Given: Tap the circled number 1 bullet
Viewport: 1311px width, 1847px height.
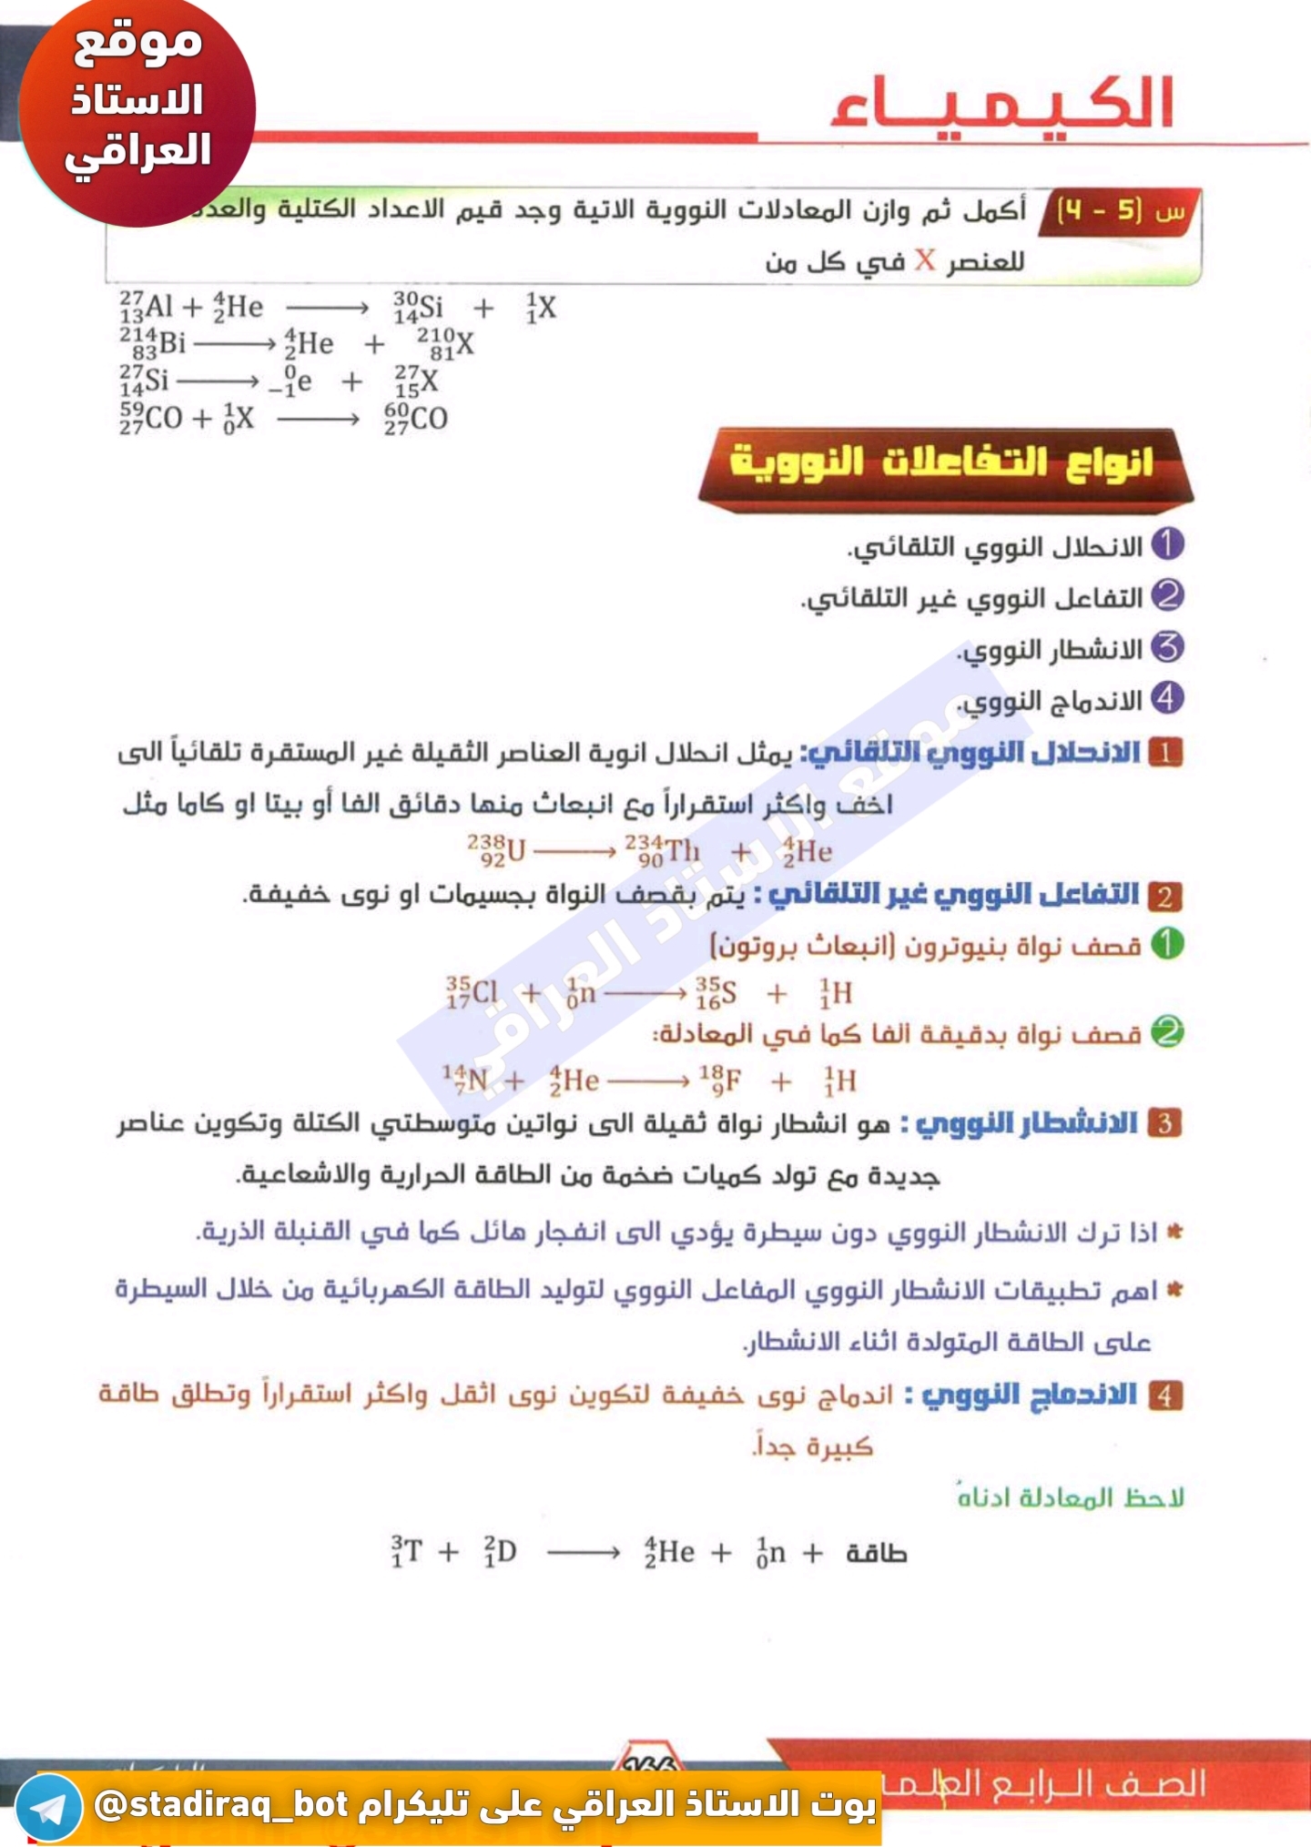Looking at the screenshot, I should [x=1167, y=544].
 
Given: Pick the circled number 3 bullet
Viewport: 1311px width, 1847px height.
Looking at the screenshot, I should [x=1167, y=648].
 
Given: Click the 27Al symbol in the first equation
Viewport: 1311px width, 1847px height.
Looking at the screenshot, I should [x=146, y=307].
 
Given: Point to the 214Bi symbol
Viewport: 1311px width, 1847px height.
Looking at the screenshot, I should [x=152, y=344].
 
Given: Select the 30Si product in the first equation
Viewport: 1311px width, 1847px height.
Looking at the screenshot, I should [x=418, y=308].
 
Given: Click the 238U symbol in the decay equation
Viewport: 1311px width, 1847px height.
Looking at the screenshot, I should [x=497, y=850].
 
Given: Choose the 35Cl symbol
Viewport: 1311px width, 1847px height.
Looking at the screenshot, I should [x=472, y=992].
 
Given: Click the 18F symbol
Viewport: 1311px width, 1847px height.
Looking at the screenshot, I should [x=719, y=1081].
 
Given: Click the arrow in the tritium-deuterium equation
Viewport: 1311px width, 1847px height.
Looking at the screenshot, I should [x=583, y=1552].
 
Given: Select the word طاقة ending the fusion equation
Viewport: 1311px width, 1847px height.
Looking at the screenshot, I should [x=876, y=1552].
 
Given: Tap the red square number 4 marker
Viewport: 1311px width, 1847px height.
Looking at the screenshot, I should [x=1165, y=1395].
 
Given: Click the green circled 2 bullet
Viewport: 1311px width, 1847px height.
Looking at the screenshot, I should [x=1167, y=1032].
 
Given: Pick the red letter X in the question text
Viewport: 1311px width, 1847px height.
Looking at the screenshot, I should [x=925, y=261].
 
